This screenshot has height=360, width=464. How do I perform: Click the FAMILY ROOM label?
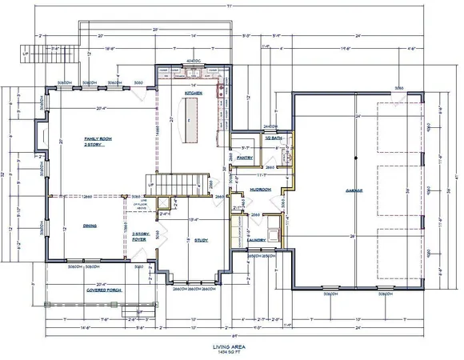click(97, 139)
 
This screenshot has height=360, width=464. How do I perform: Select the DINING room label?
click(90, 226)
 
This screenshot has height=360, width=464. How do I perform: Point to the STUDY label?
click(202, 238)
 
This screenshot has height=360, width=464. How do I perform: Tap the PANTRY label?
click(245, 158)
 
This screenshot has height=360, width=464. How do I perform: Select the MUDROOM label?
click(259, 190)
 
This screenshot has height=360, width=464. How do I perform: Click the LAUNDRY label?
click(256, 239)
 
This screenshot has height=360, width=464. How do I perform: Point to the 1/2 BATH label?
click(274, 138)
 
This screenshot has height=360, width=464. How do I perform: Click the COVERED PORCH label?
click(103, 290)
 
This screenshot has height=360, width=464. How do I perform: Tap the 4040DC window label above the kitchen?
click(192, 62)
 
